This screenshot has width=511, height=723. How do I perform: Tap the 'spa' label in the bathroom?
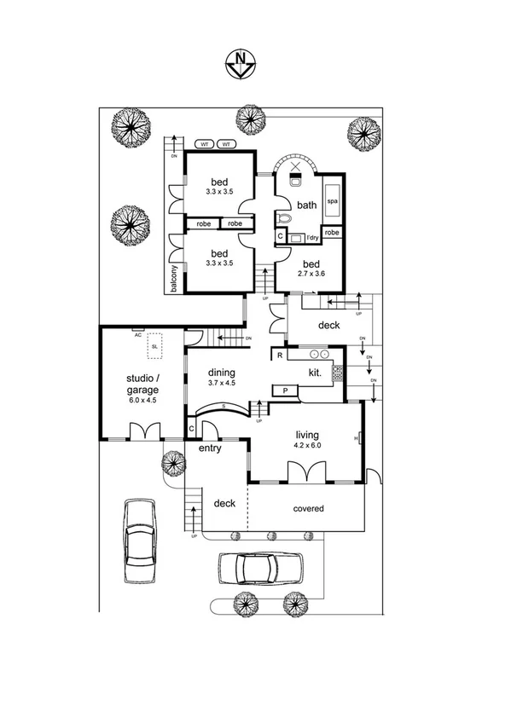[x=332, y=200]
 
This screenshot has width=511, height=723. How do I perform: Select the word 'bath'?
[x=306, y=205]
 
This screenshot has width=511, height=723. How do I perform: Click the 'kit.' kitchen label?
[x=314, y=373]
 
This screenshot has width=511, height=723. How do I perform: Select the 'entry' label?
[x=211, y=448]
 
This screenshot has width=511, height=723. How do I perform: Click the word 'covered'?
[x=308, y=509]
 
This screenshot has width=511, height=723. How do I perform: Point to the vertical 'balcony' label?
[x=174, y=279]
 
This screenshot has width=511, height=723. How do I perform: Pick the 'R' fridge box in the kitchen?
[x=279, y=354]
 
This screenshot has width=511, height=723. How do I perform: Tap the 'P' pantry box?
[x=284, y=390]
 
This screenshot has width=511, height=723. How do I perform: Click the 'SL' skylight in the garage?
[x=154, y=345]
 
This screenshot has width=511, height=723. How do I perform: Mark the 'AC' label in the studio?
[x=136, y=334]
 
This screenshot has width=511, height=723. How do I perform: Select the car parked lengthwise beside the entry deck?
[x=140, y=541]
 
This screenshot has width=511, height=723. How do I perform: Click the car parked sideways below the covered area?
[x=259, y=567]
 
